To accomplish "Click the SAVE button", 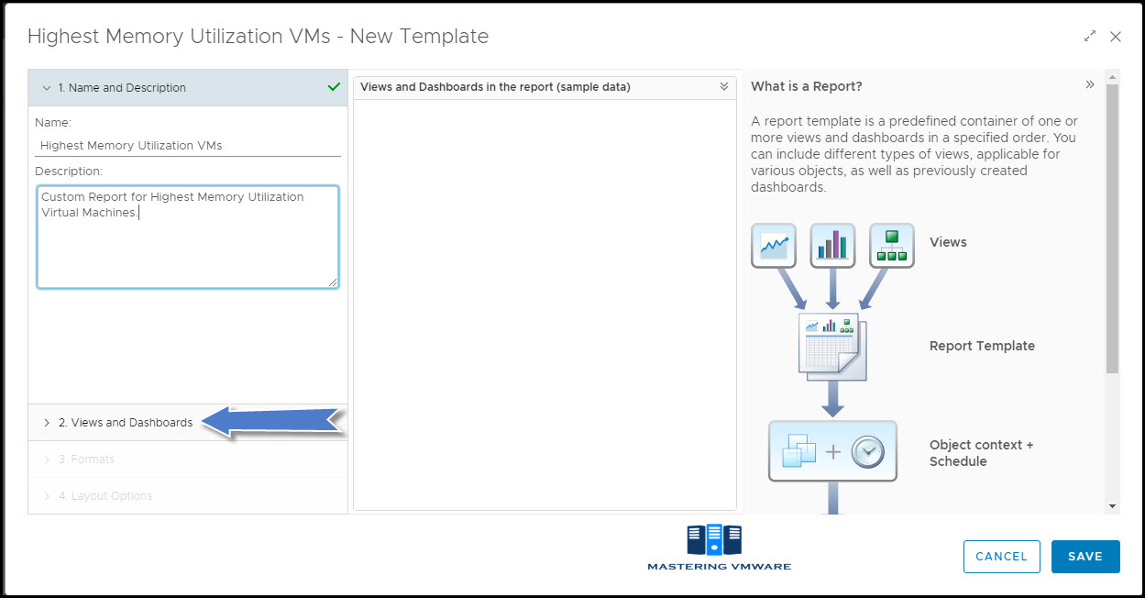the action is tap(1085, 556).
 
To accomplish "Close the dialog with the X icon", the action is tap(1116, 37).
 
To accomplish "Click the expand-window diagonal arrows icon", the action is tap(1090, 37).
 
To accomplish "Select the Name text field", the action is tap(188, 145).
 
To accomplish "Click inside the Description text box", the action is tap(188, 237).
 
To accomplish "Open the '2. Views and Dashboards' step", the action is tap(126, 423).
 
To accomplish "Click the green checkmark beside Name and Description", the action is tap(334, 87).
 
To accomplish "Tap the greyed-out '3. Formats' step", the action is tap(86, 460).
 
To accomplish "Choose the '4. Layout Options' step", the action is tap(105, 496).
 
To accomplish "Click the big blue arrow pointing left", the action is tap(271, 422).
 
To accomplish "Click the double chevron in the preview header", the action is tap(724, 86).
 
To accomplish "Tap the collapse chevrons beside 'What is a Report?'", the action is tap(1090, 84).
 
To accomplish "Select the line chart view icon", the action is tap(774, 246).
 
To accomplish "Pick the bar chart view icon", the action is tap(832, 246).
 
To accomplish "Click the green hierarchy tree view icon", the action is tap(892, 246).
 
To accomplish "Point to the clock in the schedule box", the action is tap(867, 451).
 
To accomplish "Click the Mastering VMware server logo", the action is tap(714, 539).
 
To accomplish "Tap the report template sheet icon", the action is tap(832, 347).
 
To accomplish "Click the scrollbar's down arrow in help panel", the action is tap(1112, 506).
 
